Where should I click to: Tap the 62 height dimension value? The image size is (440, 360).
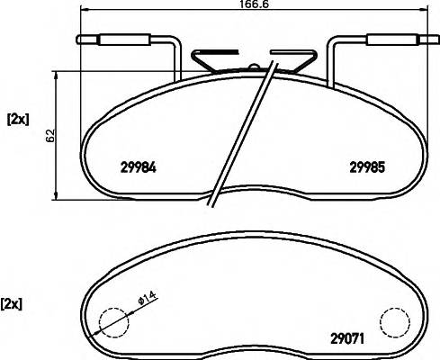pos(51,136)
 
